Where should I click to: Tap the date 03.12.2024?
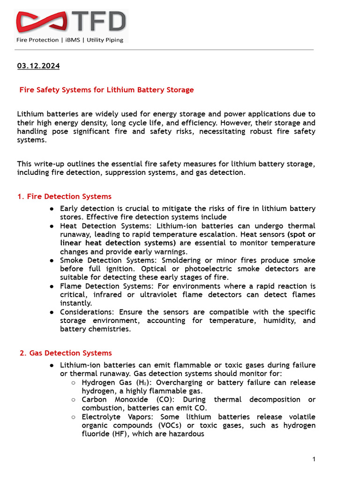click(x=38, y=66)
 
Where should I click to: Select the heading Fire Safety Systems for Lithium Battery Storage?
click(x=106, y=90)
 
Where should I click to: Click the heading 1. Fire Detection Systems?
click(x=64, y=196)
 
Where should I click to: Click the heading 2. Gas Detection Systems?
click(x=66, y=353)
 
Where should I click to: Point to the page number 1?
click(x=314, y=459)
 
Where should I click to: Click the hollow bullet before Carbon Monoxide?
click(x=74, y=400)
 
